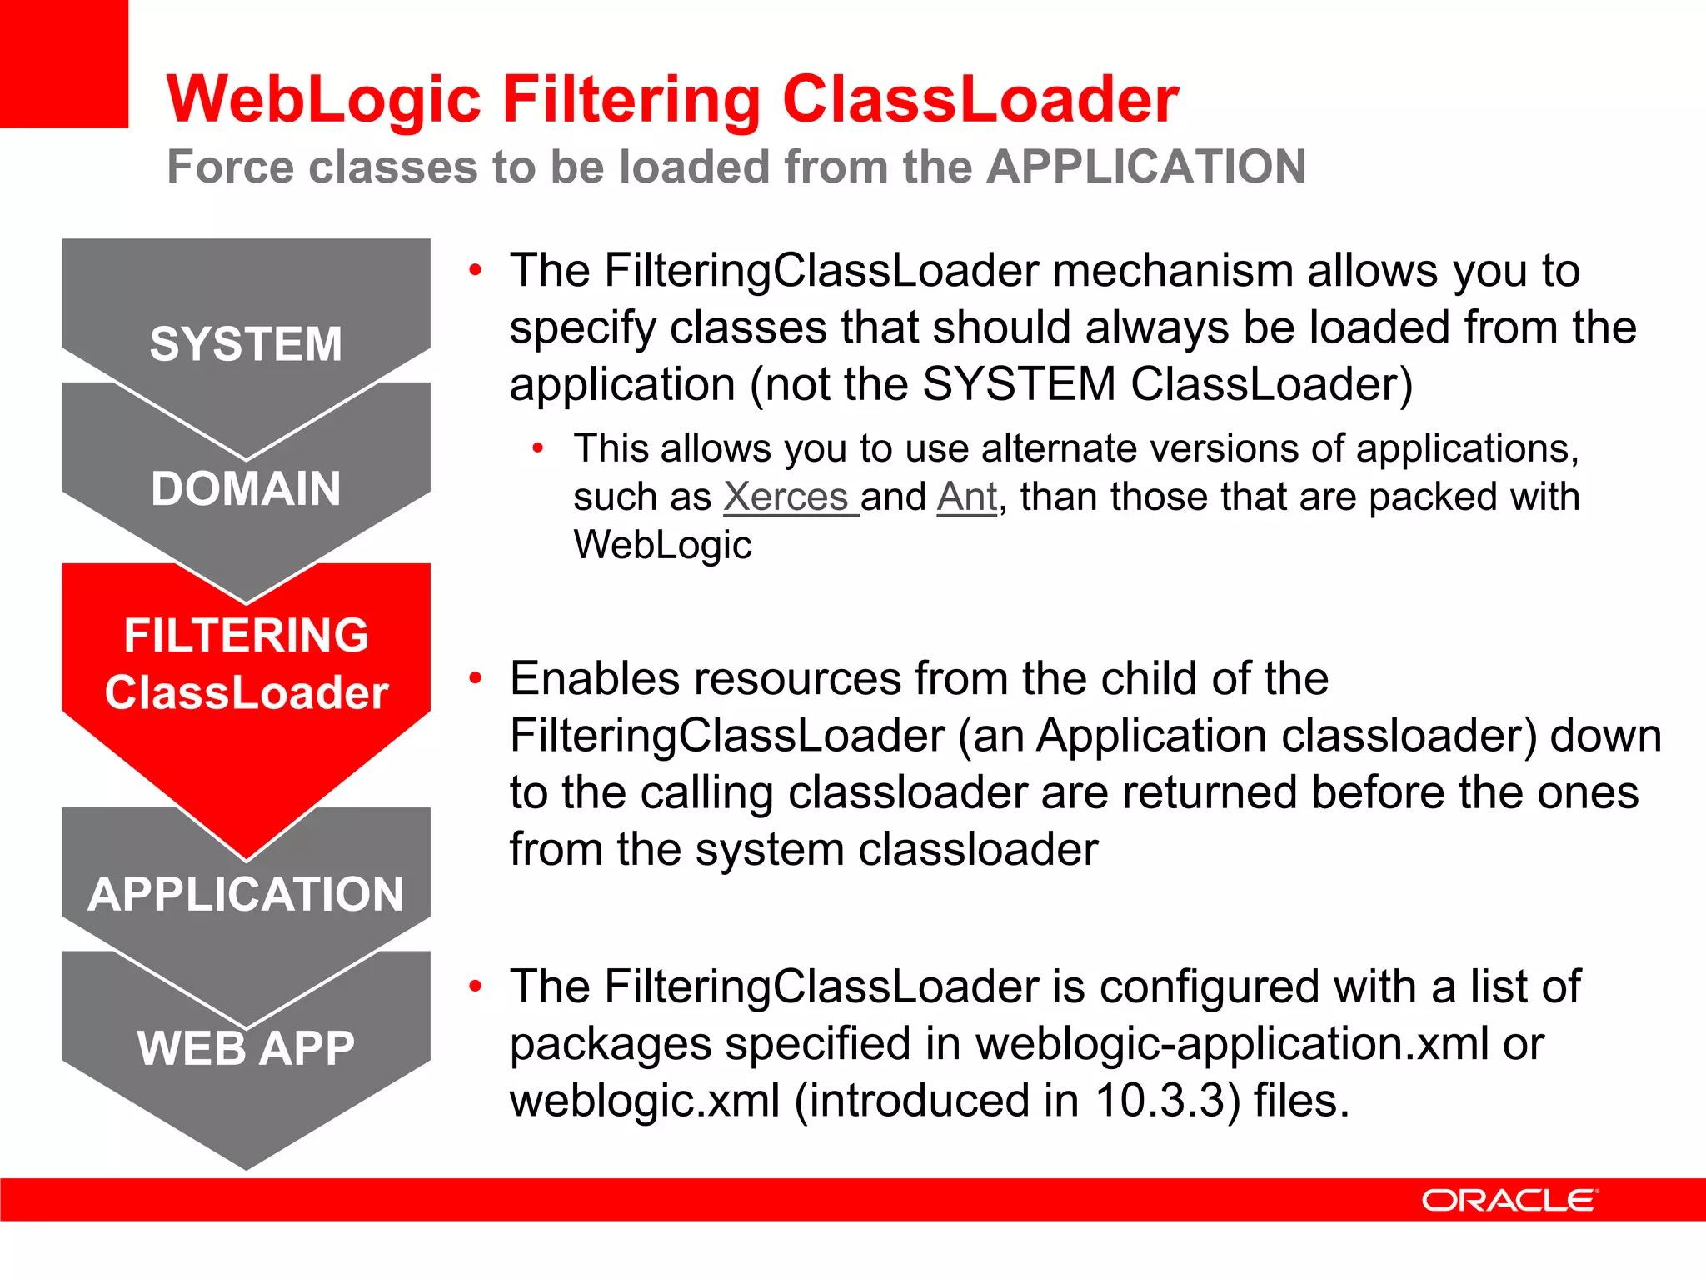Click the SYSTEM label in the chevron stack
(246, 344)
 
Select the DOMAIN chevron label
(246, 488)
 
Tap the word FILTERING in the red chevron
(246, 636)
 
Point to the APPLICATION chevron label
(246, 894)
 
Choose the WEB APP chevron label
(246, 1048)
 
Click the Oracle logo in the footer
(1509, 1201)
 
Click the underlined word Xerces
(786, 497)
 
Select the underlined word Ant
(966, 497)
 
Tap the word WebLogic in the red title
(324, 99)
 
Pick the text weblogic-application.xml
(1232, 1043)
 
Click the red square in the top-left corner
(63, 63)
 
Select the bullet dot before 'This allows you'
(538, 448)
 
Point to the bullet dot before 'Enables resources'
(476, 677)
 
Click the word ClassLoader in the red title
(980, 99)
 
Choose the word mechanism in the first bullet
(1172, 271)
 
